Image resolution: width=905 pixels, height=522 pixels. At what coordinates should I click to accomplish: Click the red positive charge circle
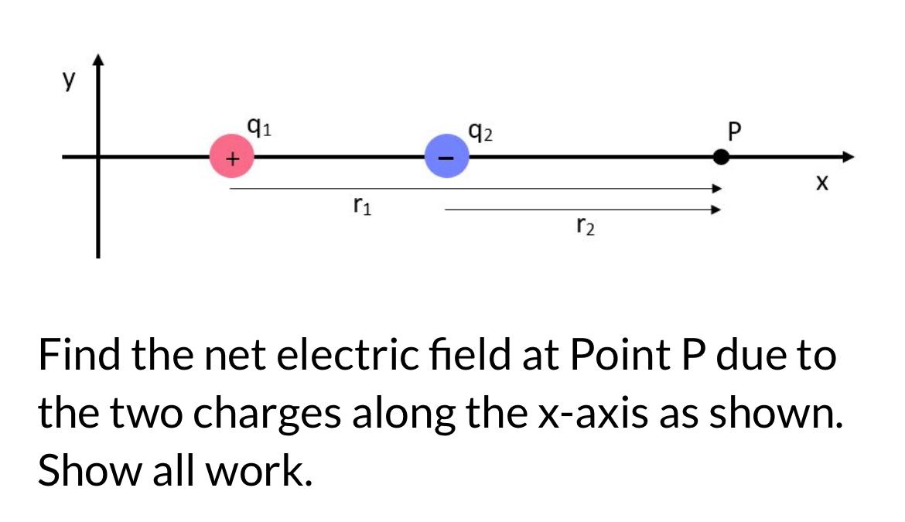click(x=231, y=157)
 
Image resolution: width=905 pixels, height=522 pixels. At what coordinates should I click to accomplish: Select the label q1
click(x=258, y=126)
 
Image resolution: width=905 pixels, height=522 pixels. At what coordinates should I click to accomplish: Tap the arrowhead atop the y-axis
click(x=98, y=60)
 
